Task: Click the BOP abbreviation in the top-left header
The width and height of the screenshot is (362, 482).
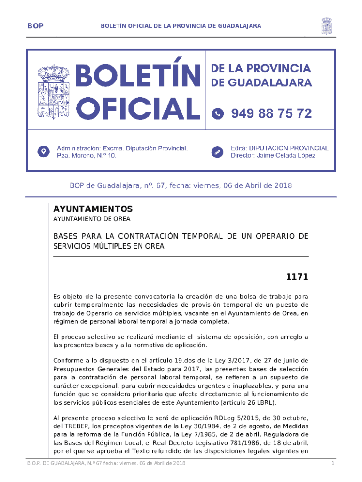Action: [35, 26]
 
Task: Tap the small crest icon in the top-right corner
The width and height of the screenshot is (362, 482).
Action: [327, 26]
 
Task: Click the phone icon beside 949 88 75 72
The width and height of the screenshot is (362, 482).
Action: [218, 113]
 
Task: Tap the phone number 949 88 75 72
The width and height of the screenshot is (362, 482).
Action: [271, 113]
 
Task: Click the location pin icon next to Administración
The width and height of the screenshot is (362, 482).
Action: [44, 152]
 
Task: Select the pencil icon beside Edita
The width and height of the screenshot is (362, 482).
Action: [218, 152]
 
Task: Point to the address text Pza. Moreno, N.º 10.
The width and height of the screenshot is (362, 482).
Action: [86, 155]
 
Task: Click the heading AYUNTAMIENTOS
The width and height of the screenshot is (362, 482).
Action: [93, 209]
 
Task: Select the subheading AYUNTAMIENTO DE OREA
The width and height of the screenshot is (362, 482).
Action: [92, 219]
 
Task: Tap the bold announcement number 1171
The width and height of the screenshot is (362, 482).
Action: [297, 277]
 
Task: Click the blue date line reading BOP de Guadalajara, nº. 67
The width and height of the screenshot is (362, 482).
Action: [181, 185]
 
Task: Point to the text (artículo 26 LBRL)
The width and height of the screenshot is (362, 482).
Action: [249, 402]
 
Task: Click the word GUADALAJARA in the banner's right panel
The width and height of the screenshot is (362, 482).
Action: [270, 83]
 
